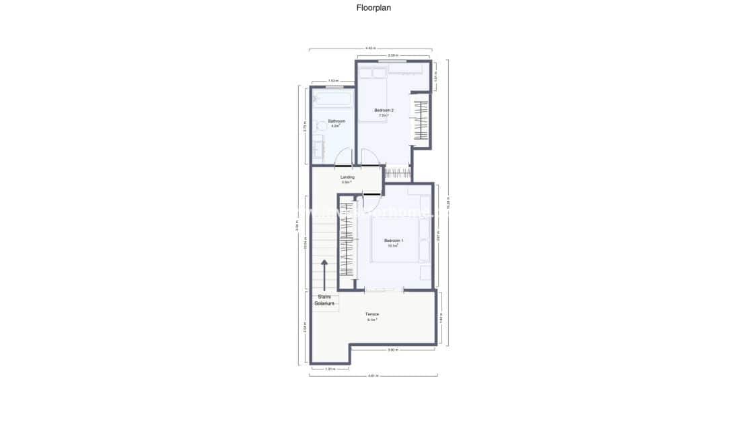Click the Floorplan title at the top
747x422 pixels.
point(373,9)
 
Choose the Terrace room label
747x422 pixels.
point(372,314)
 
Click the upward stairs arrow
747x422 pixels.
point(325,272)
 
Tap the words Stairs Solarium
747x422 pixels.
point(324,299)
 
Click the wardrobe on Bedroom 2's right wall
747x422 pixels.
point(420,121)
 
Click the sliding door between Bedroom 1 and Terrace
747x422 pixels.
point(384,290)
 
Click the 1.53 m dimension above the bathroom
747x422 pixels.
point(332,81)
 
